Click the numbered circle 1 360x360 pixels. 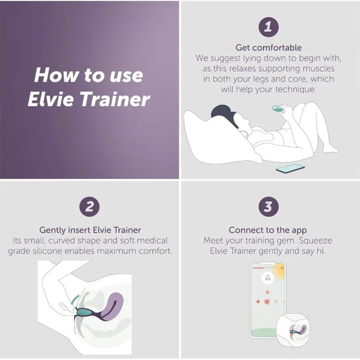click(269, 27)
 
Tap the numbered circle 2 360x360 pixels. click(90, 207)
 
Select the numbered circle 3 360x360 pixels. click(269, 207)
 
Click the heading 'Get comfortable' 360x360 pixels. click(269, 47)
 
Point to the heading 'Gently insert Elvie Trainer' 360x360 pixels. click(90, 229)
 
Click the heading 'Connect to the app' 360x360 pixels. click(268, 229)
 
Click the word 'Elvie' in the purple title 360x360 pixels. click(49, 99)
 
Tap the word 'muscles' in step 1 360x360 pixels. click(321, 68)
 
